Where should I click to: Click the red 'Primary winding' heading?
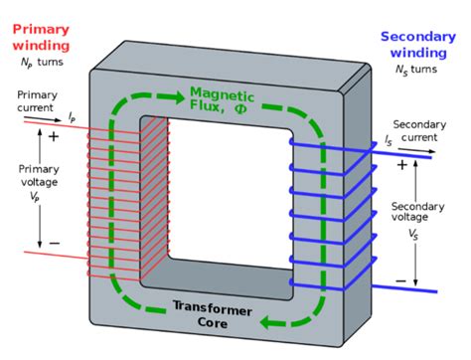coord(42,35)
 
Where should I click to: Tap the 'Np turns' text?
coord(41,63)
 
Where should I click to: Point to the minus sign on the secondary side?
coord(401,281)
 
